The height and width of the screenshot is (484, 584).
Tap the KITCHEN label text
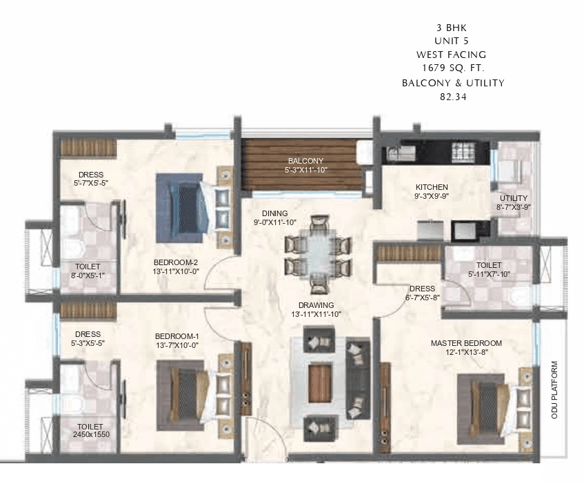click(x=432, y=187)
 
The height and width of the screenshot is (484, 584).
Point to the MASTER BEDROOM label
click(x=466, y=343)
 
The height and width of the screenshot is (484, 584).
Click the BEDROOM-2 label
click(x=175, y=262)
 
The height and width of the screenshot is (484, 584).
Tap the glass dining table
click(x=318, y=255)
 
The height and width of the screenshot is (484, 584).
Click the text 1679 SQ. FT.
click(x=453, y=68)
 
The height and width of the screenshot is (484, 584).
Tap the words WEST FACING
click(x=451, y=55)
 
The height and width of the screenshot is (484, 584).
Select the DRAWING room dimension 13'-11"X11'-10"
click(x=316, y=314)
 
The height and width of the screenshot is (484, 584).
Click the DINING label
click(x=274, y=213)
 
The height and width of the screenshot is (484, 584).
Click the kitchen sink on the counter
click(x=399, y=153)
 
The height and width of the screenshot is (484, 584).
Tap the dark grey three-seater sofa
click(x=357, y=379)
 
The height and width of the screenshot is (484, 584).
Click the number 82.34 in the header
click(x=453, y=97)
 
